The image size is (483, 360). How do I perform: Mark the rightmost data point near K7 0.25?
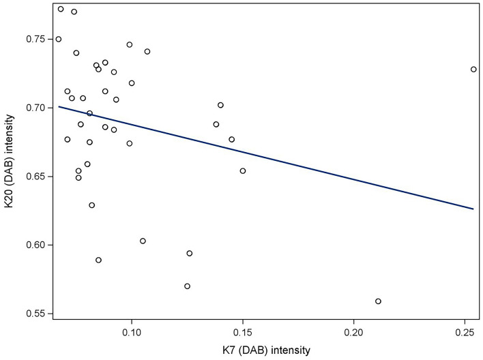point(473,70)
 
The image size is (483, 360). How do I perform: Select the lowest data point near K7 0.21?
point(378,301)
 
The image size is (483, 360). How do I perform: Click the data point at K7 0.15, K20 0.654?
point(243,171)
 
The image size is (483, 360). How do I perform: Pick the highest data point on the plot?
point(61,9)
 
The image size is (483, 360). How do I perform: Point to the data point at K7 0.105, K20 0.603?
point(143,241)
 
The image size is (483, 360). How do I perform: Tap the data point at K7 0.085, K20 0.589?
point(98,260)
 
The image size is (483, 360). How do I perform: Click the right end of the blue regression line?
point(473,209)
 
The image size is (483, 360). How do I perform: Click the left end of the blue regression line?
point(59,106)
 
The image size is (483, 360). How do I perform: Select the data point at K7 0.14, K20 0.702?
point(220,105)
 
